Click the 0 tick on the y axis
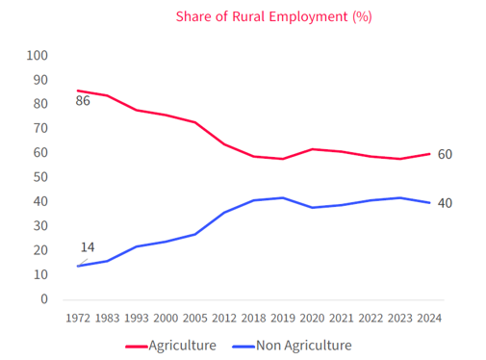(43, 298)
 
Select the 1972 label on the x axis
(78, 318)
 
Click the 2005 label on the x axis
(194, 318)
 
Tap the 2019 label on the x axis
(282, 318)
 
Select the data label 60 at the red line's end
(445, 154)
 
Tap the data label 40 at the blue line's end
(445, 203)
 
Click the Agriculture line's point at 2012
(223, 144)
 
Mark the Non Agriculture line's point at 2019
(282, 197)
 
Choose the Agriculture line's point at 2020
(311, 149)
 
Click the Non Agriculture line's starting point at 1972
(78, 266)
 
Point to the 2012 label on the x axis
(223, 318)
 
